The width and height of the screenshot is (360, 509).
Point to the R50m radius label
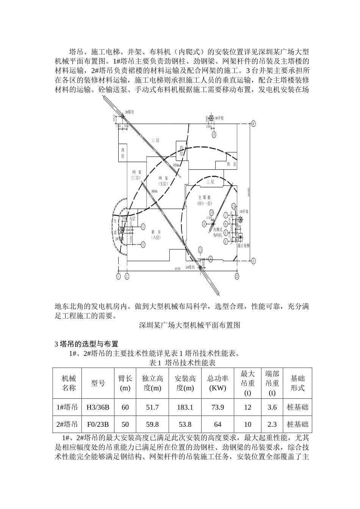pos(176,165)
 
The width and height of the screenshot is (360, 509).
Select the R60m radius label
pos(154,191)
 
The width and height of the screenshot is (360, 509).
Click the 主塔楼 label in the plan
pos(205,197)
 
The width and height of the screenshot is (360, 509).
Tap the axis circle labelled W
pos(254,123)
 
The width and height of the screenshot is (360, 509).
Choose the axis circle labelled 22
pos(237,276)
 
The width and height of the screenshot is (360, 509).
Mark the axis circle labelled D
pos(143,245)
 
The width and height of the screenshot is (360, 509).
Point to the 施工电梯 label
pos(244,245)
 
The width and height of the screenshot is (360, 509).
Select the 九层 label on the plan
pos(132,219)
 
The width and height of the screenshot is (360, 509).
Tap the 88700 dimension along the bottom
pos(177,269)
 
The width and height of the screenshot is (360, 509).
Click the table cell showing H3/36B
pos(98,407)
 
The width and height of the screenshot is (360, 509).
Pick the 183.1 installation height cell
pos(185,407)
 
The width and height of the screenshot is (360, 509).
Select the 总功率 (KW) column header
pos(218,383)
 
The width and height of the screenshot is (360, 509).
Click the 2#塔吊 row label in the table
pos(67,424)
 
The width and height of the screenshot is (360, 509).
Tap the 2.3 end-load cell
pos(272,424)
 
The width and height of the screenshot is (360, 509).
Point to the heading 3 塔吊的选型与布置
pos(87,344)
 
